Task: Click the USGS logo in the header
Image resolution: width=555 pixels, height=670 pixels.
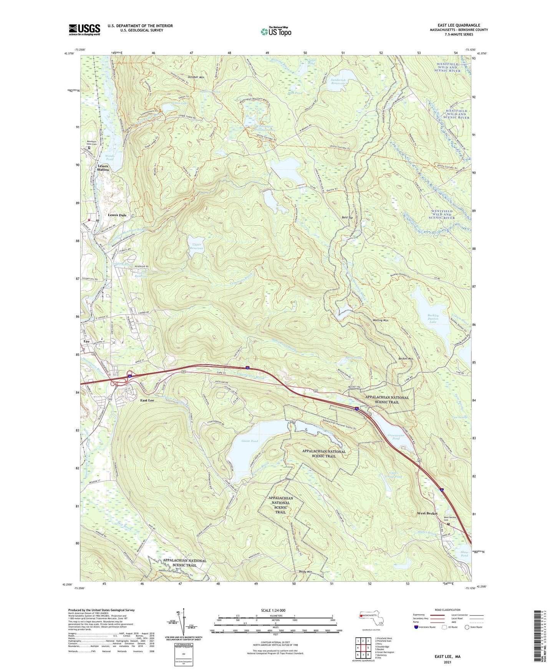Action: point(84,30)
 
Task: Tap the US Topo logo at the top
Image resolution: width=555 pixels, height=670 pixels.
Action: point(275,31)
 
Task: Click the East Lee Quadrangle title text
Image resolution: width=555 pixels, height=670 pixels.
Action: point(459,25)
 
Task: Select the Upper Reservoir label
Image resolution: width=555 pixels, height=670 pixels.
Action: point(197,246)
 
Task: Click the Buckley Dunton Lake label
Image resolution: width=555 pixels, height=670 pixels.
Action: point(433,319)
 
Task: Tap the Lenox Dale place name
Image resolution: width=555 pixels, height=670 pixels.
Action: point(117,215)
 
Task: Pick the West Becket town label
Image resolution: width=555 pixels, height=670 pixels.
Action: point(427,513)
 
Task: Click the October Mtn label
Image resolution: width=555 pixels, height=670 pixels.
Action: point(196,77)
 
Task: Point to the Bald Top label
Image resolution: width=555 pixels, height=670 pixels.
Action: point(347,218)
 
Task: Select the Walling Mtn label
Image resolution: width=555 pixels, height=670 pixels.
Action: point(380,320)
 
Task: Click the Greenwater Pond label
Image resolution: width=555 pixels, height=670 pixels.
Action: point(396,437)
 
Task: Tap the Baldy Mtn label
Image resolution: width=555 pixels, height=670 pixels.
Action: point(305,571)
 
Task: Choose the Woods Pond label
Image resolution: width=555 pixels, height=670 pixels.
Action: point(110,158)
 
